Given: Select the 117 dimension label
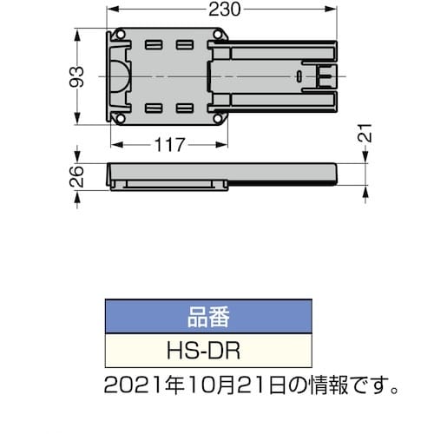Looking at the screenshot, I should [x=169, y=145].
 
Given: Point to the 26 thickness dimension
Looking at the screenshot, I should [x=76, y=178].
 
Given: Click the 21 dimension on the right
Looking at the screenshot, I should [x=367, y=135].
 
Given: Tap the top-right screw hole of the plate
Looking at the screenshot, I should [x=218, y=37].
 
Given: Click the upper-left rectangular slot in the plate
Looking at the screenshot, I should [x=155, y=45].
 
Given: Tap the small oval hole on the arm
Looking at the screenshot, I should [x=299, y=76].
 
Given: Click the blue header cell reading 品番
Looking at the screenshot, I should [x=207, y=317].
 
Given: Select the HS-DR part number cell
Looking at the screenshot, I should [x=207, y=351].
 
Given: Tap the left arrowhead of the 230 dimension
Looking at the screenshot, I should [x=110, y=10].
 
